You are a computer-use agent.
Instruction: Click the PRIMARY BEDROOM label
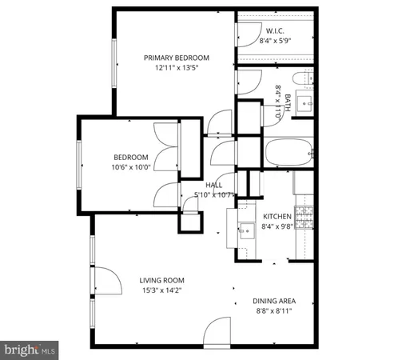pyautogui.click(x=176, y=58)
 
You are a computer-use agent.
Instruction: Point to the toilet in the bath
pyautogui.click(x=301, y=79)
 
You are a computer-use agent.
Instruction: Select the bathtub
pyautogui.click(x=289, y=151)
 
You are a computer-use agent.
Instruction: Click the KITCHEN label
pyautogui.click(x=277, y=217)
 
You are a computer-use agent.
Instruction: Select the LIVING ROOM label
pyautogui.click(x=162, y=280)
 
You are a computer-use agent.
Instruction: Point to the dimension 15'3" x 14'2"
pyautogui.click(x=162, y=290)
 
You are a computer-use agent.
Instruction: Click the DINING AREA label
pyautogui.click(x=274, y=301)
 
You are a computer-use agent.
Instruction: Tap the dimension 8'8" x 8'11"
pyautogui.click(x=274, y=310)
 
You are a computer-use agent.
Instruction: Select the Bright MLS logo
pyautogui.click(x=30, y=350)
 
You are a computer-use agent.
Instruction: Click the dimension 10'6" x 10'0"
pyautogui.click(x=130, y=166)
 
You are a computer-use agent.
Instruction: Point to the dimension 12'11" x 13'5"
pyautogui.click(x=176, y=68)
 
